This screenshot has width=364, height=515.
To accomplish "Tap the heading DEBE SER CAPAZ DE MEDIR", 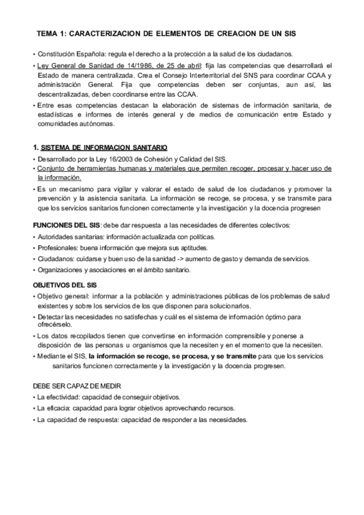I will (x=77, y=386).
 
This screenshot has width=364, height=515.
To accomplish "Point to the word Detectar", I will (x=52, y=317).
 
